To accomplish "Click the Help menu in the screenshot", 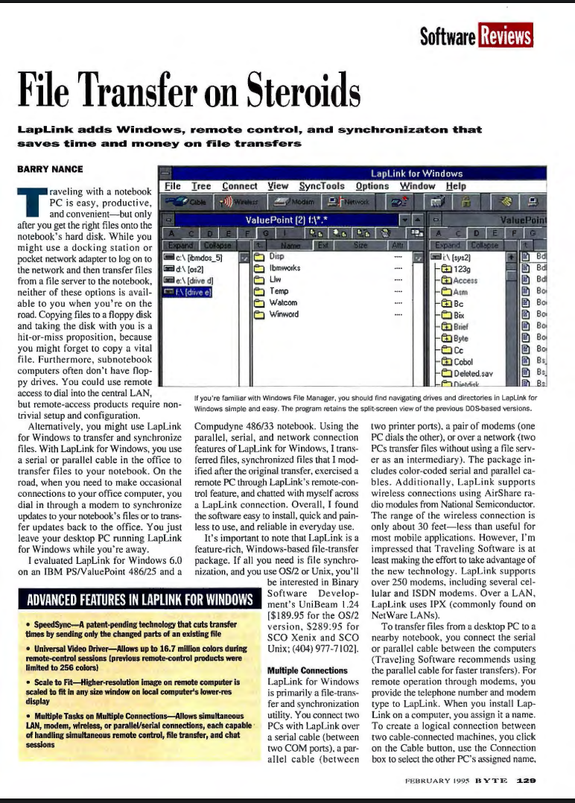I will click(456, 186).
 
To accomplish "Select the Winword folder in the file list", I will click(284, 314).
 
